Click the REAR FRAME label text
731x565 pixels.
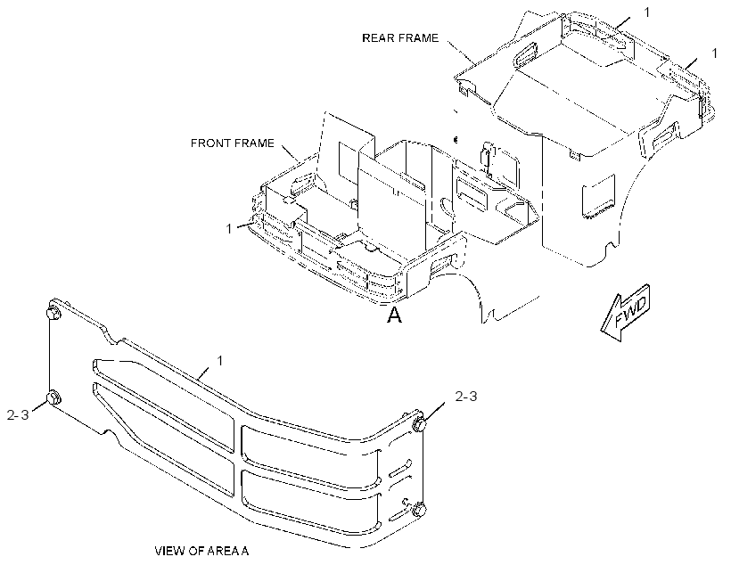400,37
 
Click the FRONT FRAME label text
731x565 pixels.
232,143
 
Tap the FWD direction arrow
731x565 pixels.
625,312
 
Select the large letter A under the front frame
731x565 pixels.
394,315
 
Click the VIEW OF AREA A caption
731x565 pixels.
201,551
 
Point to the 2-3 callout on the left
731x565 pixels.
18,414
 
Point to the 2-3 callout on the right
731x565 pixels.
465,397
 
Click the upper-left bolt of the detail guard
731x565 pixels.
53,313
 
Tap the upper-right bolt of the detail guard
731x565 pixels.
419,424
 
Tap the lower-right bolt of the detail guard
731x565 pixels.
419,509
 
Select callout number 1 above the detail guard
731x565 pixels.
220,361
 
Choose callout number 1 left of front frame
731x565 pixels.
229,229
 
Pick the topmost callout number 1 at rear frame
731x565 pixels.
646,12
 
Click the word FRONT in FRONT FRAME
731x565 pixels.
209,143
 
